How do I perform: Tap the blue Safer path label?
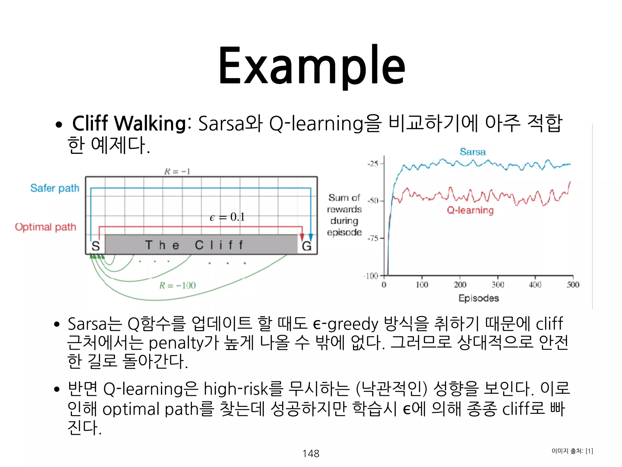(x=55, y=188)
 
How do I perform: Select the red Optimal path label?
(x=46, y=227)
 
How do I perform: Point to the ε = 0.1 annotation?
(x=227, y=217)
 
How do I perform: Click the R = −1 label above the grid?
(x=177, y=171)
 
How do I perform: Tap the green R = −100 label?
(x=178, y=285)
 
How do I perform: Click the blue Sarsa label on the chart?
(x=473, y=152)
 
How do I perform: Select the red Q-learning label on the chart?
(x=470, y=210)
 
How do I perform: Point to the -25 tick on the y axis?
(x=373, y=164)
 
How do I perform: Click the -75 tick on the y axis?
(x=373, y=238)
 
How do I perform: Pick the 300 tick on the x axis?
(x=498, y=285)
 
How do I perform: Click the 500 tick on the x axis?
(x=573, y=285)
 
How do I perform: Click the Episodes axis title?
(x=479, y=298)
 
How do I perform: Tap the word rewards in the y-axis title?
(x=344, y=209)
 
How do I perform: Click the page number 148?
(x=311, y=453)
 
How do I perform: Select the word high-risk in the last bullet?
(x=236, y=389)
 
